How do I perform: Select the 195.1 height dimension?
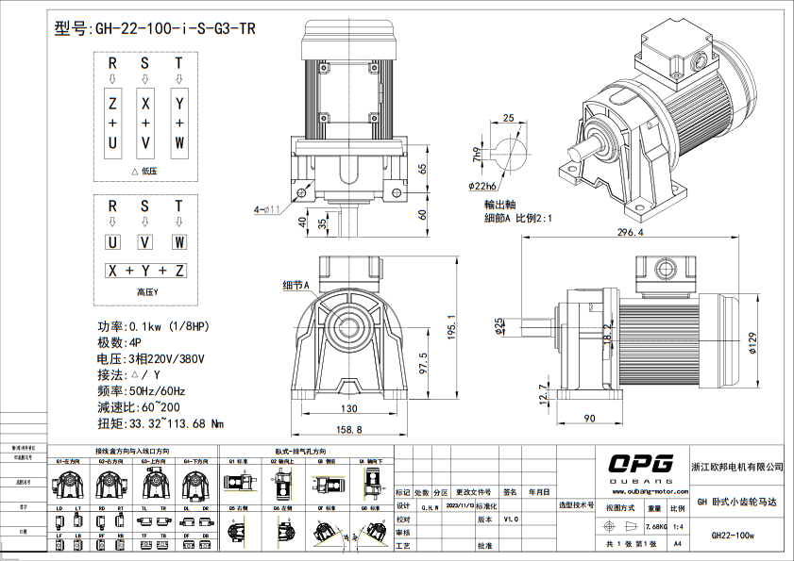click(453, 328)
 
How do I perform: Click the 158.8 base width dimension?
click(351, 431)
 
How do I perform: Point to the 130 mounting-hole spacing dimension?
click(349, 409)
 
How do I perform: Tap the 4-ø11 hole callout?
click(268, 208)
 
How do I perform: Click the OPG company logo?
click(640, 463)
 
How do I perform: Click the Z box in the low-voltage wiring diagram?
click(112, 102)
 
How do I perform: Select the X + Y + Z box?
click(145, 271)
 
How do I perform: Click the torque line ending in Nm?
click(160, 423)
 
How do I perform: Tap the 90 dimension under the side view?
click(589, 417)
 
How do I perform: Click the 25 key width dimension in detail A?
click(509, 119)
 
